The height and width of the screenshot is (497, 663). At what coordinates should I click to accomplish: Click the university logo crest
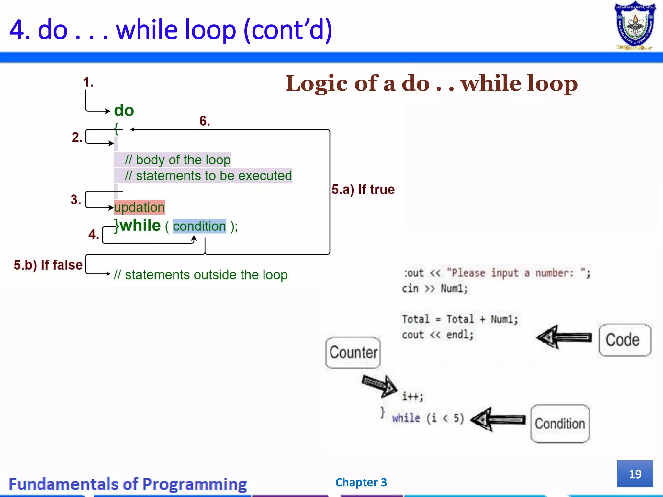tap(635, 26)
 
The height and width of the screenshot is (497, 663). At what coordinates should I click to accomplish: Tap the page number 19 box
tap(635, 474)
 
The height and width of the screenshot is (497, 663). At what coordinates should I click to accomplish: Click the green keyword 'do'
tap(124, 111)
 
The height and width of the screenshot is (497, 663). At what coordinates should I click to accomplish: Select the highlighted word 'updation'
tap(139, 207)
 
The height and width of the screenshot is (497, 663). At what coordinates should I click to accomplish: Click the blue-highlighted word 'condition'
tap(199, 226)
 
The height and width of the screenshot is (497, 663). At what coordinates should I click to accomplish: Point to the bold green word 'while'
tap(140, 226)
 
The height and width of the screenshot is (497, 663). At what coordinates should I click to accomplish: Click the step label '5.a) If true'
tap(363, 190)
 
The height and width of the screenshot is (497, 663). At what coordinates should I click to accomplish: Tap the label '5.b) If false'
tap(48, 265)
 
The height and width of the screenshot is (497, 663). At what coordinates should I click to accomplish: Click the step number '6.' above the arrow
tap(205, 121)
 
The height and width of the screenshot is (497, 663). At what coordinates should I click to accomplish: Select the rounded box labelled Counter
tap(353, 352)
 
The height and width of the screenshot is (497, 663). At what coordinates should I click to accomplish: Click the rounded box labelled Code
tap(624, 340)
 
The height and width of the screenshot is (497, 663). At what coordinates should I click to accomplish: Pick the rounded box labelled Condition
tap(560, 424)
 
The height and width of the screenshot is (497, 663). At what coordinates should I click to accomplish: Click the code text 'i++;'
tap(412, 396)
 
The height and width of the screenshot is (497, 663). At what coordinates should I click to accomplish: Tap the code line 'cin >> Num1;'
tap(435, 288)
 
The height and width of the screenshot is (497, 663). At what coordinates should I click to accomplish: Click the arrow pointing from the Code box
tap(564, 337)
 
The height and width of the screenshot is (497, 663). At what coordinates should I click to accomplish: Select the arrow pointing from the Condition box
tap(498, 420)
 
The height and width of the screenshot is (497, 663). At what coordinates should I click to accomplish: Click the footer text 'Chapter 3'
tap(361, 482)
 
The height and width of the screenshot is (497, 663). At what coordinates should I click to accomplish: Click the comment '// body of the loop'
tap(177, 160)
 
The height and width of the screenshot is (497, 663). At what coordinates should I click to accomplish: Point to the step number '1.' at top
tap(88, 82)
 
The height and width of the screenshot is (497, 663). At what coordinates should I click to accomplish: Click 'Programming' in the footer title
tap(195, 484)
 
